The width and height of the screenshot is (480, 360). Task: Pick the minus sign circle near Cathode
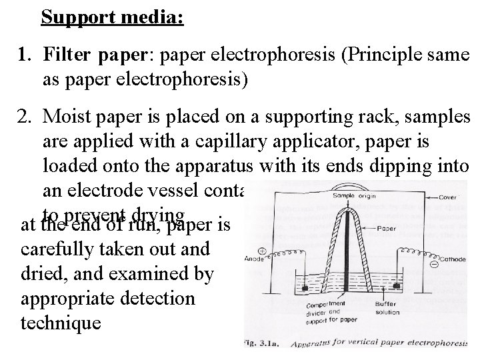coord(434,263)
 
